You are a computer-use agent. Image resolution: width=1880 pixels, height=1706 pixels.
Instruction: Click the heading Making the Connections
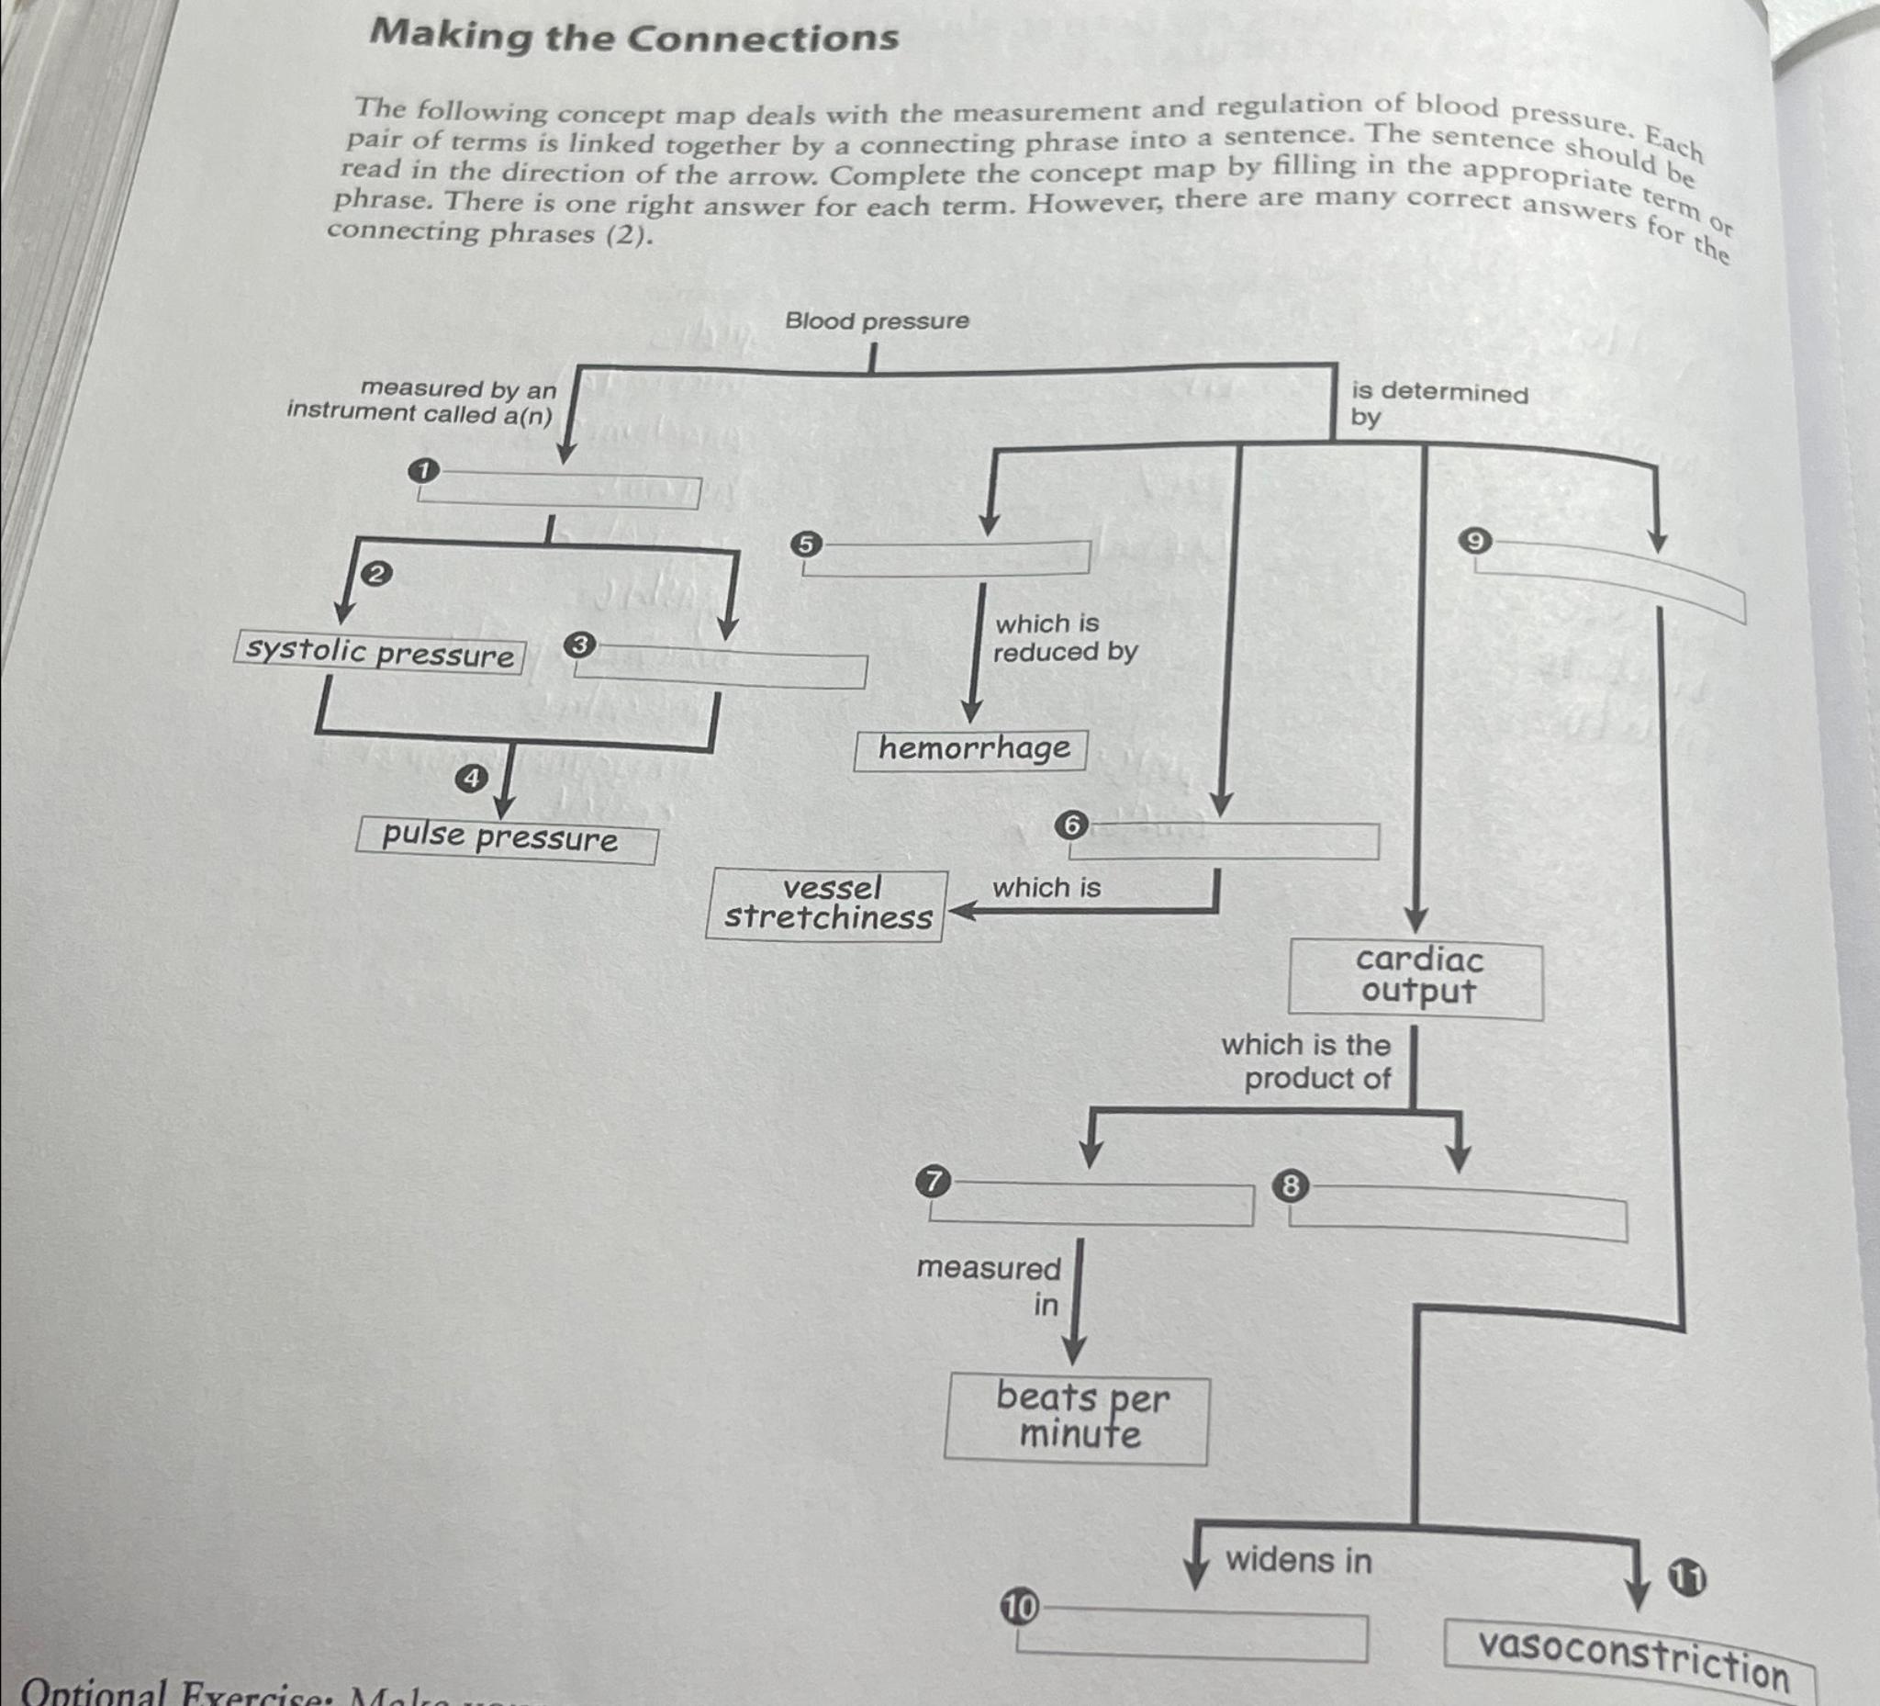click(x=634, y=38)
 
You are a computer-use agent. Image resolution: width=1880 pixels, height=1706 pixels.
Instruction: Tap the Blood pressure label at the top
click(x=877, y=320)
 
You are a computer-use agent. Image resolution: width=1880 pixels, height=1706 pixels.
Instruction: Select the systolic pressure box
click(x=379, y=652)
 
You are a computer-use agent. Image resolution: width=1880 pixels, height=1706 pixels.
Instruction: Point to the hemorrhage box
click(x=972, y=749)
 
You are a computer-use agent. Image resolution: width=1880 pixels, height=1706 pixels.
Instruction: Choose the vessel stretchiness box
click(x=827, y=904)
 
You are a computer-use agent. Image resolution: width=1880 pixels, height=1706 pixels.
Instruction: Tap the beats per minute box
click(x=1078, y=1419)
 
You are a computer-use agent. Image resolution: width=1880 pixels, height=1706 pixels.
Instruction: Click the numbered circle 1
click(x=423, y=471)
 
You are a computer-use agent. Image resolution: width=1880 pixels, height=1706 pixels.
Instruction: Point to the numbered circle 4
click(x=471, y=778)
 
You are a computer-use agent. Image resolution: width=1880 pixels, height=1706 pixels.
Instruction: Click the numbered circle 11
click(x=1687, y=1578)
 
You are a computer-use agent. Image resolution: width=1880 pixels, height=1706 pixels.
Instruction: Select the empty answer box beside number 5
click(x=947, y=557)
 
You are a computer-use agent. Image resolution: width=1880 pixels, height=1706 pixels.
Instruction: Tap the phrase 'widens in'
click(x=1298, y=1561)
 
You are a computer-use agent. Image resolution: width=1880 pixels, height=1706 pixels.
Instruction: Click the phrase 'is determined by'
click(x=1438, y=404)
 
